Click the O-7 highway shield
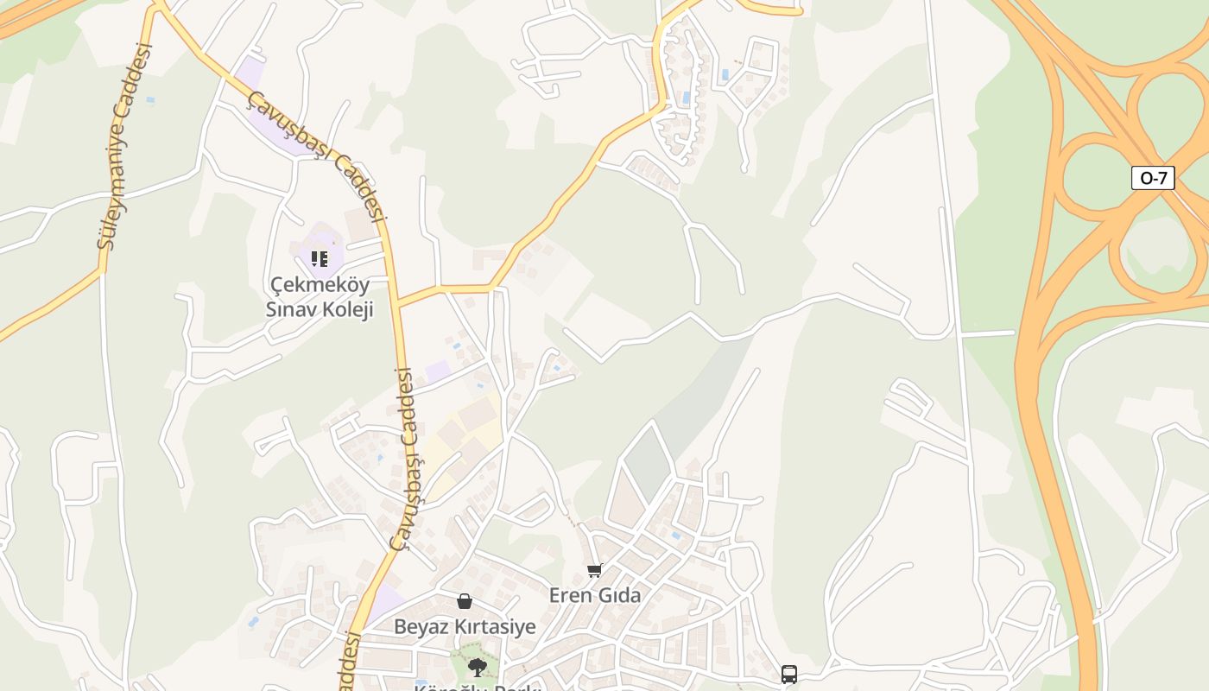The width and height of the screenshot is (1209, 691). click(1153, 178)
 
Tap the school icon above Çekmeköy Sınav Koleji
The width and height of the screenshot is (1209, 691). click(320, 258)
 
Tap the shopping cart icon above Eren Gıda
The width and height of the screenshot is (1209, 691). click(594, 570)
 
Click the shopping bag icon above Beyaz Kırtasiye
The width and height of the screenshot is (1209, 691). click(465, 601)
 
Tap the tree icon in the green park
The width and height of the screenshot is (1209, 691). click(476, 667)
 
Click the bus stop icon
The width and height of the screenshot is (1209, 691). click(788, 674)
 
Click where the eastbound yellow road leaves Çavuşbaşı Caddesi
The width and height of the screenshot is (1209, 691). click(398, 302)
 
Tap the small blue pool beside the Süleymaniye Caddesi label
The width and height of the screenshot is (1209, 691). click(150, 100)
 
